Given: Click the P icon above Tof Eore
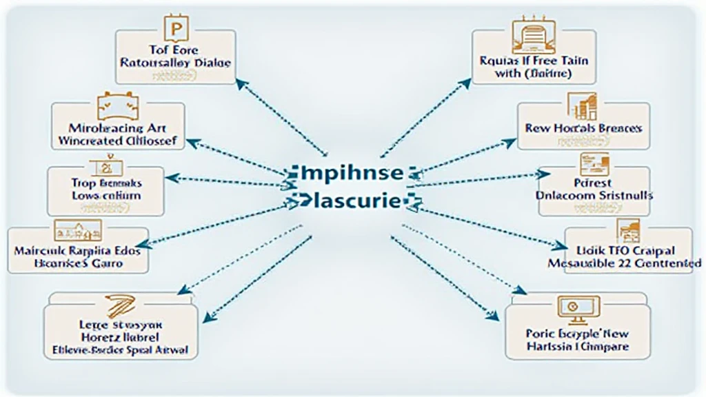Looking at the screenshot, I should (x=174, y=30).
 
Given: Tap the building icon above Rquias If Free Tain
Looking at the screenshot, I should (x=534, y=36).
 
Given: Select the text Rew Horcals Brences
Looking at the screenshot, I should (x=583, y=128).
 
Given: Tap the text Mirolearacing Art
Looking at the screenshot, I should (x=118, y=128).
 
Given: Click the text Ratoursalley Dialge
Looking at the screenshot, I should (x=174, y=62).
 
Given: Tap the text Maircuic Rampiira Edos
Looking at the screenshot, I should (x=77, y=251).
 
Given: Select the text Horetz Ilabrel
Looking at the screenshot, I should (x=120, y=337).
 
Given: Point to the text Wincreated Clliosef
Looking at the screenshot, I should (x=118, y=141).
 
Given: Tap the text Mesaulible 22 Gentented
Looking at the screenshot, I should (x=624, y=263).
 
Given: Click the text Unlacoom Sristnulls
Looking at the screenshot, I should (x=594, y=195).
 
